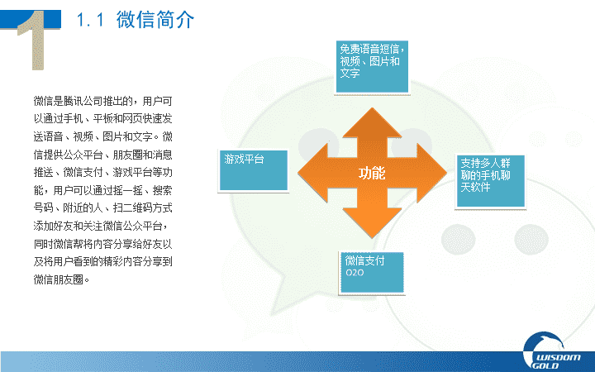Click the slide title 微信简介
tap(155, 20)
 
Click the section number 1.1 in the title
tap(90, 20)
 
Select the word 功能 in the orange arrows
tap(372, 173)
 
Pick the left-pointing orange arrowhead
tap(312, 173)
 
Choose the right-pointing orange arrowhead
tap(432, 173)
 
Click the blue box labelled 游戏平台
tap(254, 170)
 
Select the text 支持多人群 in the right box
tap(485, 163)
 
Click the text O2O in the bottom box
tap(355, 273)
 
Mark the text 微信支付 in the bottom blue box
tap(364, 260)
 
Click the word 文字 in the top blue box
tap(350, 73)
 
